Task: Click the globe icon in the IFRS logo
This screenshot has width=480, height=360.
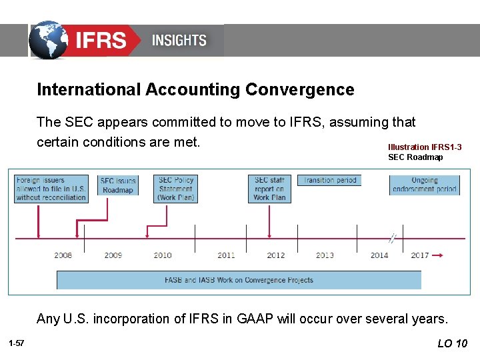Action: pos(49,40)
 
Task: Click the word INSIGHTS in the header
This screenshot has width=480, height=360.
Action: pos(179,40)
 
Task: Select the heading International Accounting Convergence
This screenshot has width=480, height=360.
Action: pos(195,89)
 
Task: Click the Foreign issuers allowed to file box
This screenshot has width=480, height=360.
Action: pos(51,189)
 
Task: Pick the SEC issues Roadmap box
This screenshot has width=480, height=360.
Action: pos(118,185)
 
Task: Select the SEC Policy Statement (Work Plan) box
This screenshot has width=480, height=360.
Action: pos(176,189)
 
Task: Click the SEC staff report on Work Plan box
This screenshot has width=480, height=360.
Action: pos(269,189)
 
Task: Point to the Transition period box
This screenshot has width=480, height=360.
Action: pos(329,180)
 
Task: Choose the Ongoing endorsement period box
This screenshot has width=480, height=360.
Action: pos(424,185)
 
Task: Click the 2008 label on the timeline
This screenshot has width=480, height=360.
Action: pos(63,255)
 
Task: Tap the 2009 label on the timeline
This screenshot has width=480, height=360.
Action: pos(113,255)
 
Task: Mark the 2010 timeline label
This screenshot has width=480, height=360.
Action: pos(163,255)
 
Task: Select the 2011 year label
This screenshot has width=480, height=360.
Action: pos(226,255)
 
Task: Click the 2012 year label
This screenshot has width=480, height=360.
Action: pos(276,255)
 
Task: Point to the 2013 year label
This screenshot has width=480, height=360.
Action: pos(325,255)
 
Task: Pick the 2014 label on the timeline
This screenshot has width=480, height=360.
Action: pos(379,255)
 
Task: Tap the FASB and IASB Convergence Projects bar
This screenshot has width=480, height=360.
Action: pos(239,280)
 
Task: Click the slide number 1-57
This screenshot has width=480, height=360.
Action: pos(17,343)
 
